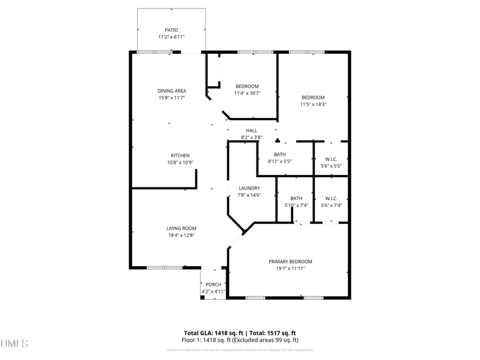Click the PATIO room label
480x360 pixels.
click(x=171, y=30)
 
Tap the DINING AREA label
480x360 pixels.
click(x=171, y=91)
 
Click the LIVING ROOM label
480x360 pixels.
click(x=181, y=228)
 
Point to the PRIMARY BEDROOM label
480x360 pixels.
click(x=290, y=261)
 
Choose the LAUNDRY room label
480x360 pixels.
click(x=249, y=188)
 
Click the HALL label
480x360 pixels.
click(x=251, y=131)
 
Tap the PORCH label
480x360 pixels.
click(x=213, y=284)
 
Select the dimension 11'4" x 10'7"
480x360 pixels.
click(x=247, y=93)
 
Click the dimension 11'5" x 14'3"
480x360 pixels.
click(x=313, y=105)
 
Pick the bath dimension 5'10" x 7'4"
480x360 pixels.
click(x=296, y=205)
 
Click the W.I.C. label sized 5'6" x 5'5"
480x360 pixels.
click(x=331, y=159)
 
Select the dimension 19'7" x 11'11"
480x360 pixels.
click(x=290, y=269)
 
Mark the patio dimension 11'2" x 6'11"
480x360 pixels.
click(x=171, y=37)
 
